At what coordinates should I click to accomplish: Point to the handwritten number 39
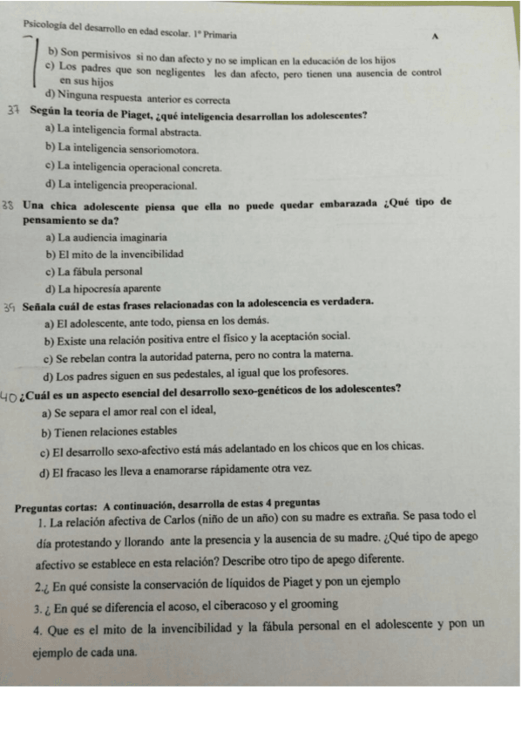coord(10,307)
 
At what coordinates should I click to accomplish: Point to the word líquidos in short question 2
coord(211,580)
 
